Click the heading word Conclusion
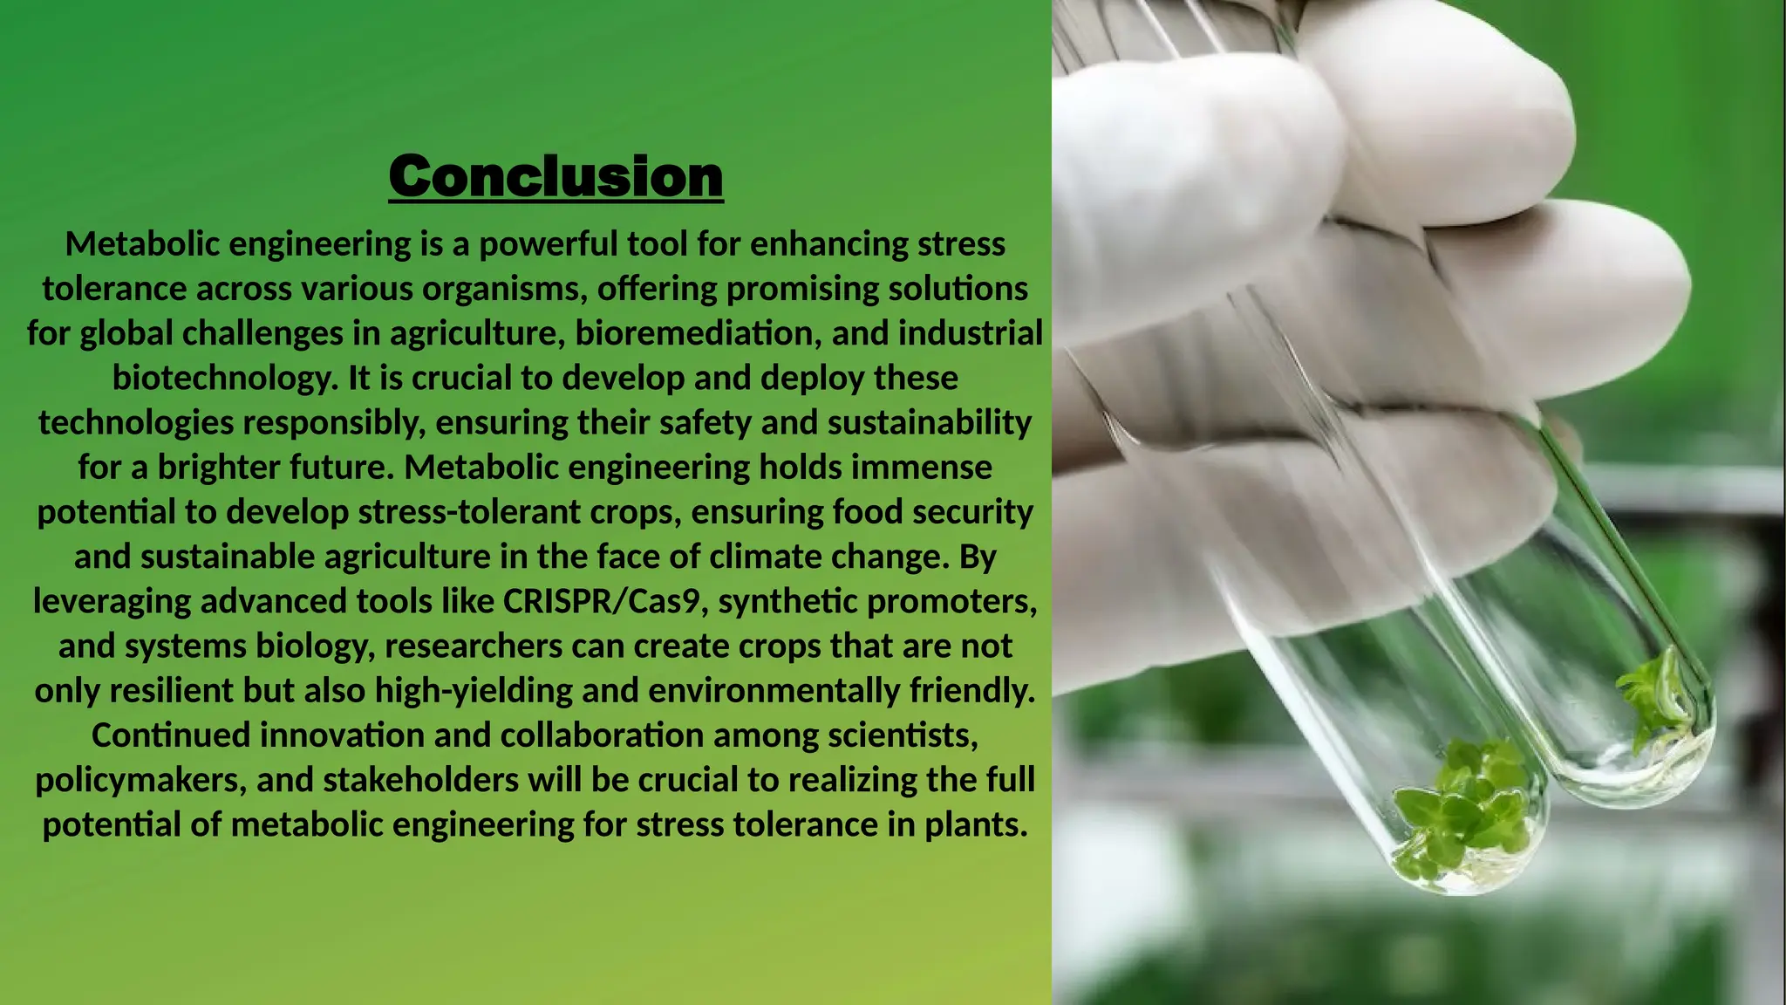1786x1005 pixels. (556, 176)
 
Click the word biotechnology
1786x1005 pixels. (224, 378)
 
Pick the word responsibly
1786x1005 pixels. (333, 423)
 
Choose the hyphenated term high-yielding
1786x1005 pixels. (473, 691)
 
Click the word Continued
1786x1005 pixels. (171, 735)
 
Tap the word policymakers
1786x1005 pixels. (140, 780)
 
